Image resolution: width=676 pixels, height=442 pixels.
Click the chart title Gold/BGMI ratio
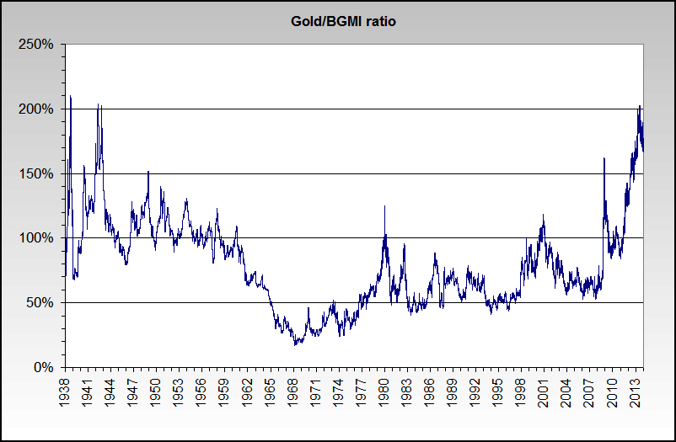click(x=338, y=21)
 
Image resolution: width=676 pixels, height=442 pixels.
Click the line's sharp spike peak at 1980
click(x=385, y=205)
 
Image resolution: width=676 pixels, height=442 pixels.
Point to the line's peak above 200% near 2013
click(x=640, y=106)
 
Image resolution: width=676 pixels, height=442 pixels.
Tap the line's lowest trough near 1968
click(x=295, y=344)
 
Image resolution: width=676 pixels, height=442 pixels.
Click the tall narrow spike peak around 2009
click(x=604, y=158)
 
